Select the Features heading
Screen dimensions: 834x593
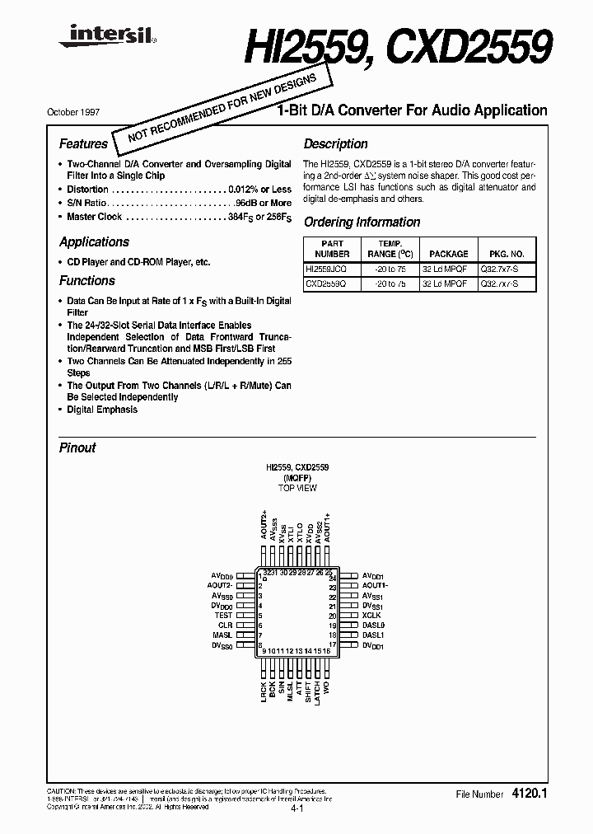(x=83, y=144)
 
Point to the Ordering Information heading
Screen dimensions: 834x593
(x=362, y=223)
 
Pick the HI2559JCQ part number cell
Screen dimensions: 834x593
(x=326, y=269)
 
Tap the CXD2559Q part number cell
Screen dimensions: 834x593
(x=326, y=283)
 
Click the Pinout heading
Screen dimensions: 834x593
(x=77, y=447)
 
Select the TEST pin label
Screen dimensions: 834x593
(x=224, y=616)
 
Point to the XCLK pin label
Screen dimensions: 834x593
(x=371, y=616)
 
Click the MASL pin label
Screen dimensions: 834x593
(x=222, y=635)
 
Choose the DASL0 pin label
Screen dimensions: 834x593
(x=374, y=625)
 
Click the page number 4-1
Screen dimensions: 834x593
(x=296, y=810)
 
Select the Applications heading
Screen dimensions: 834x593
(x=94, y=242)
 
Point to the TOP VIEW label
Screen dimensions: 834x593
(x=296, y=489)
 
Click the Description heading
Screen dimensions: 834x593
(x=335, y=144)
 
